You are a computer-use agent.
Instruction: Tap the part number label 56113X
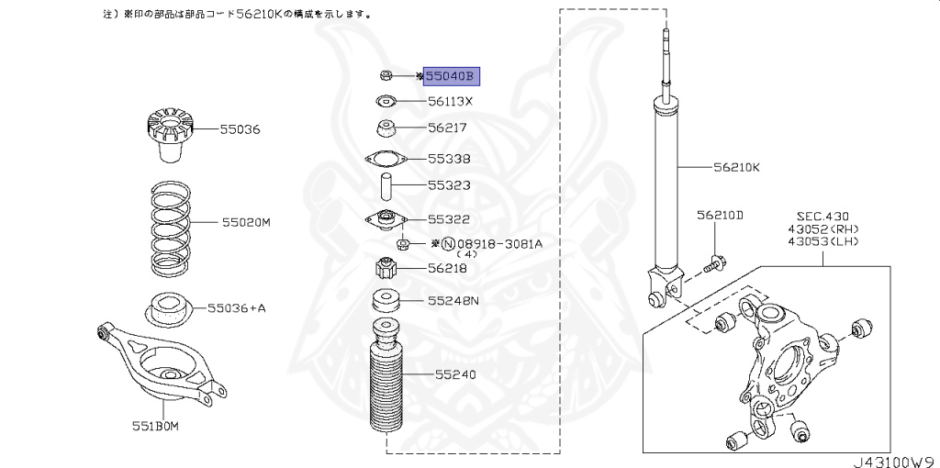pos(450,102)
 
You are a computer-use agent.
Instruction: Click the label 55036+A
pos(236,308)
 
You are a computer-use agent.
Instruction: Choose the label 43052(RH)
pos(822,228)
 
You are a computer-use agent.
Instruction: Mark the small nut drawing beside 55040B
pos(386,75)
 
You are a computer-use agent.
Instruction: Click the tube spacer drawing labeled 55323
pos(386,186)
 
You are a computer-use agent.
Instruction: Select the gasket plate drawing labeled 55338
pos(386,160)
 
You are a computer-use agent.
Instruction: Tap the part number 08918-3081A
pos(499,244)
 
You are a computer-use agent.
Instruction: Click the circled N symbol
pos(448,244)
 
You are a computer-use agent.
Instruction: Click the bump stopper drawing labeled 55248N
pos(386,302)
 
